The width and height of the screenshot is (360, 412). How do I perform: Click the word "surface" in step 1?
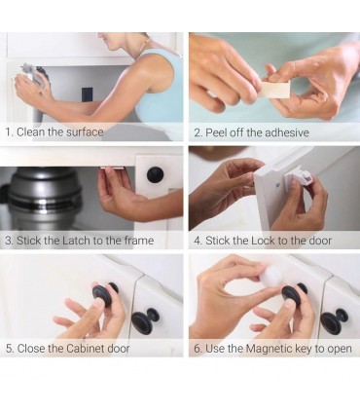(x=85, y=132)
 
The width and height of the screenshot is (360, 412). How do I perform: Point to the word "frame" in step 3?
(x=138, y=241)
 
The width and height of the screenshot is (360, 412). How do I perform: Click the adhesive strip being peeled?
(x=274, y=90)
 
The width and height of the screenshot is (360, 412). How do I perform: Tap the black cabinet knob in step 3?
(x=155, y=174)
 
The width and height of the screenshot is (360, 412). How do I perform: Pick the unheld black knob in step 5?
(x=145, y=319)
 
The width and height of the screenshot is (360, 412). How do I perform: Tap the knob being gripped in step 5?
(x=104, y=292)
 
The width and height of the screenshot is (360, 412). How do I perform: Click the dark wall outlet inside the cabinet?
(x=87, y=94)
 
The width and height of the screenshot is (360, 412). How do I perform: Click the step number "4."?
(x=198, y=241)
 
